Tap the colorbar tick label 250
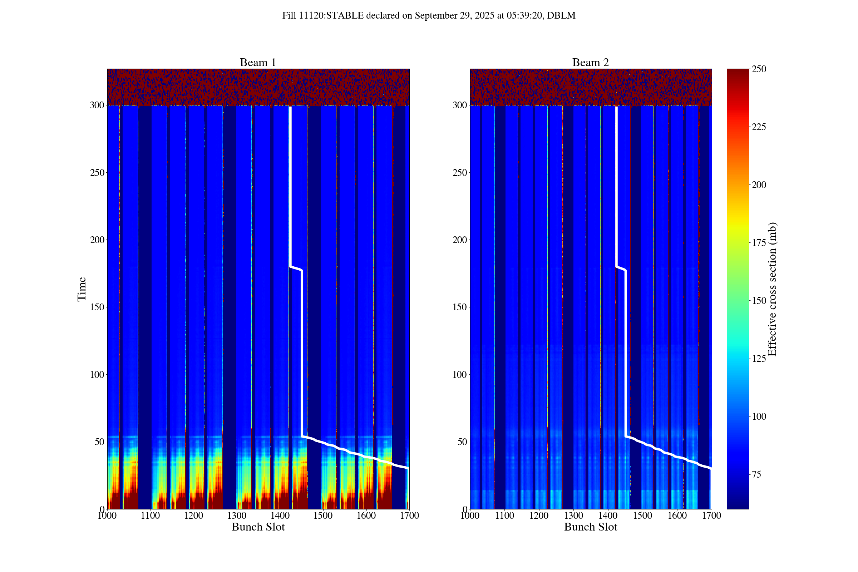tap(759, 69)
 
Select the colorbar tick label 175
tap(759, 243)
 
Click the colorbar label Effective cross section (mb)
tap(772, 289)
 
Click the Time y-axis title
tap(82, 289)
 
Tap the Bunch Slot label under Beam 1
tap(258, 527)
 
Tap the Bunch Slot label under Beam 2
tap(590, 527)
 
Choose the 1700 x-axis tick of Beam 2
tap(711, 516)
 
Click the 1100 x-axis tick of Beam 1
tap(150, 516)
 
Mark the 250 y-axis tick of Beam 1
tap(97, 173)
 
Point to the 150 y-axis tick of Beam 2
tap(460, 307)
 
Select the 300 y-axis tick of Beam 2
tap(460, 105)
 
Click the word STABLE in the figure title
tap(345, 16)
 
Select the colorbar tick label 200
tap(759, 185)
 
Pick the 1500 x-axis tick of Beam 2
tap(642, 516)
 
